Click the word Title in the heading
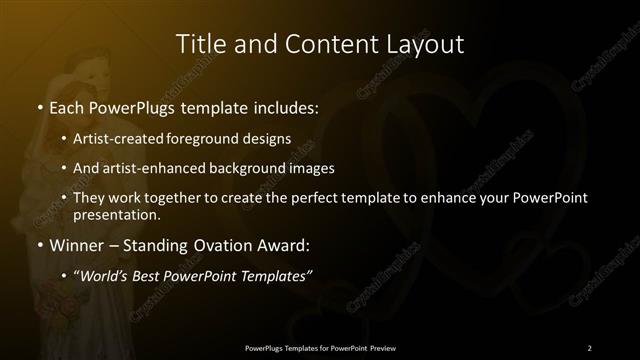[x=199, y=44]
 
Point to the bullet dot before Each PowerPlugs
[x=39, y=104]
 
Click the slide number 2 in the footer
[x=589, y=347]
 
